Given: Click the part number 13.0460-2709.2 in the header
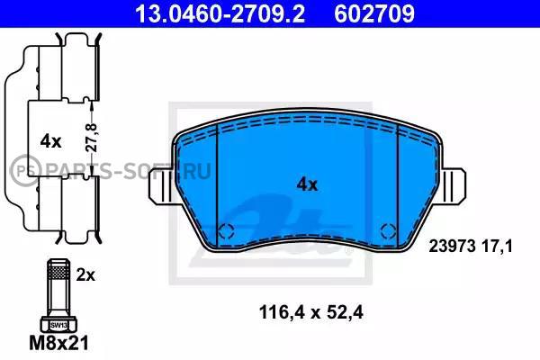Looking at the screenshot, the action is [x=220, y=13].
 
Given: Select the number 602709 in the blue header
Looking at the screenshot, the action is [x=374, y=13].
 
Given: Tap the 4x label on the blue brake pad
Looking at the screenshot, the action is [x=307, y=185].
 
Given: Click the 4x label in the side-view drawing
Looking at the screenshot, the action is [x=50, y=141].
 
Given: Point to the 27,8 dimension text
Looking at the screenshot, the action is [x=92, y=138].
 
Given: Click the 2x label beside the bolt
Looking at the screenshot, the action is [x=85, y=275].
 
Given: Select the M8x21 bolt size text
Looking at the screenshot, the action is [x=58, y=343].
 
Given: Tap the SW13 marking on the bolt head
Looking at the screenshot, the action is [x=58, y=325].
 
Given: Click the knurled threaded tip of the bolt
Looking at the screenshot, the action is [x=58, y=270].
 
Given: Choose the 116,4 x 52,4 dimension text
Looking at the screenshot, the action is [x=311, y=313].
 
